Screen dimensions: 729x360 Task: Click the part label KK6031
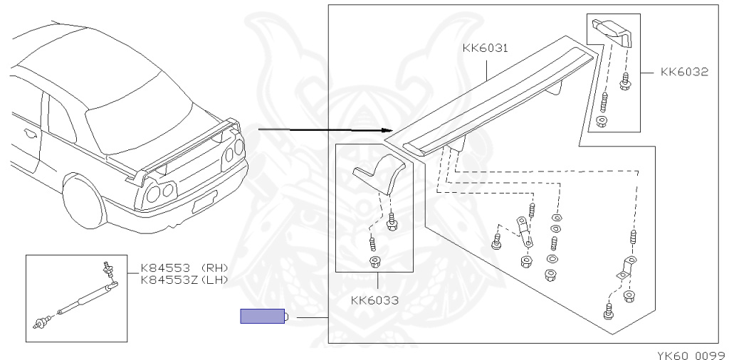485,48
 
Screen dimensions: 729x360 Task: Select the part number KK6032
684,72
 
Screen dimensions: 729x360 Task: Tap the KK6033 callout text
374,300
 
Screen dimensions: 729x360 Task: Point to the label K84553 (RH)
184,268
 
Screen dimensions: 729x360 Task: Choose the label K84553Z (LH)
184,280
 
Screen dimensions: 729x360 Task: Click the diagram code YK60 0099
692,355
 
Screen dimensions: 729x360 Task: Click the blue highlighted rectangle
262,316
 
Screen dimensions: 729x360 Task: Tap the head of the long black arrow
389,130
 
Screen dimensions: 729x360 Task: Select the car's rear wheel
83,200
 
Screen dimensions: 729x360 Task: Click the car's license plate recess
204,201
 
